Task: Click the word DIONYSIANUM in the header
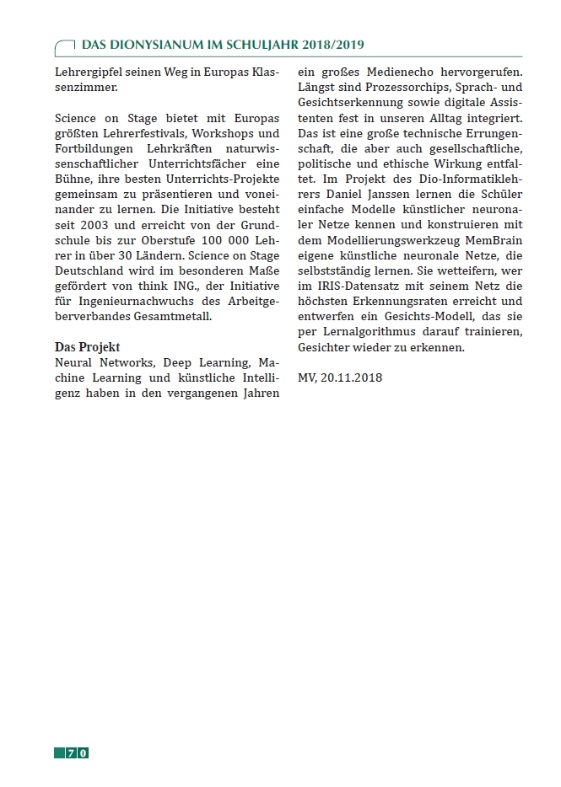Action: [150, 45]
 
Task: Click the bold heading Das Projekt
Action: [88, 347]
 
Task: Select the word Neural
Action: [73, 361]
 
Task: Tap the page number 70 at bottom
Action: [77, 752]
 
